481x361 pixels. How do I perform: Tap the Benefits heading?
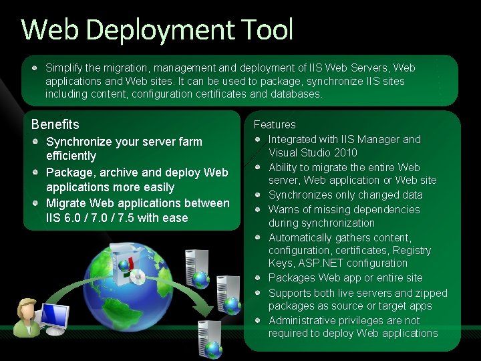click(55, 124)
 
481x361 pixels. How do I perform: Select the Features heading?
click(274, 124)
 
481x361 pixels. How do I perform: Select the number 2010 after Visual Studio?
click(345, 152)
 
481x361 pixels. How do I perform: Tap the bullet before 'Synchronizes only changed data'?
click(257, 195)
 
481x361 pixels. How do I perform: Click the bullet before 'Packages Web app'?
click(257, 277)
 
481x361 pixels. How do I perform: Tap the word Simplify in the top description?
click(65, 68)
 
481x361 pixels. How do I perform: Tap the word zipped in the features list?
click(432, 293)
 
